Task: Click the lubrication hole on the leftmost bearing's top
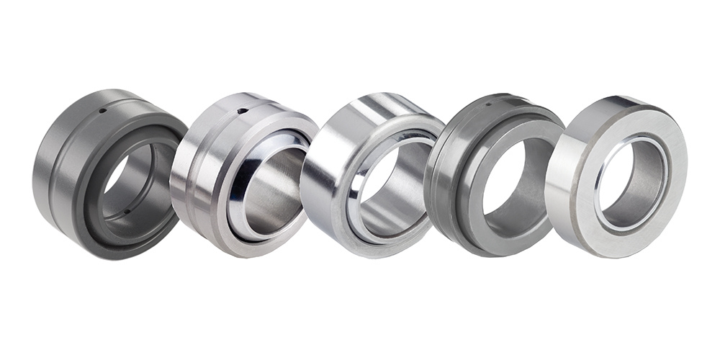coord(104,110)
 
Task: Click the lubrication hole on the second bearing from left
coord(243,111)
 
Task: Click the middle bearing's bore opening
coord(392,184)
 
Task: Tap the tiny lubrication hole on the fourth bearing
coord(490,103)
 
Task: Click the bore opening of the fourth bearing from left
coord(513,180)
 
